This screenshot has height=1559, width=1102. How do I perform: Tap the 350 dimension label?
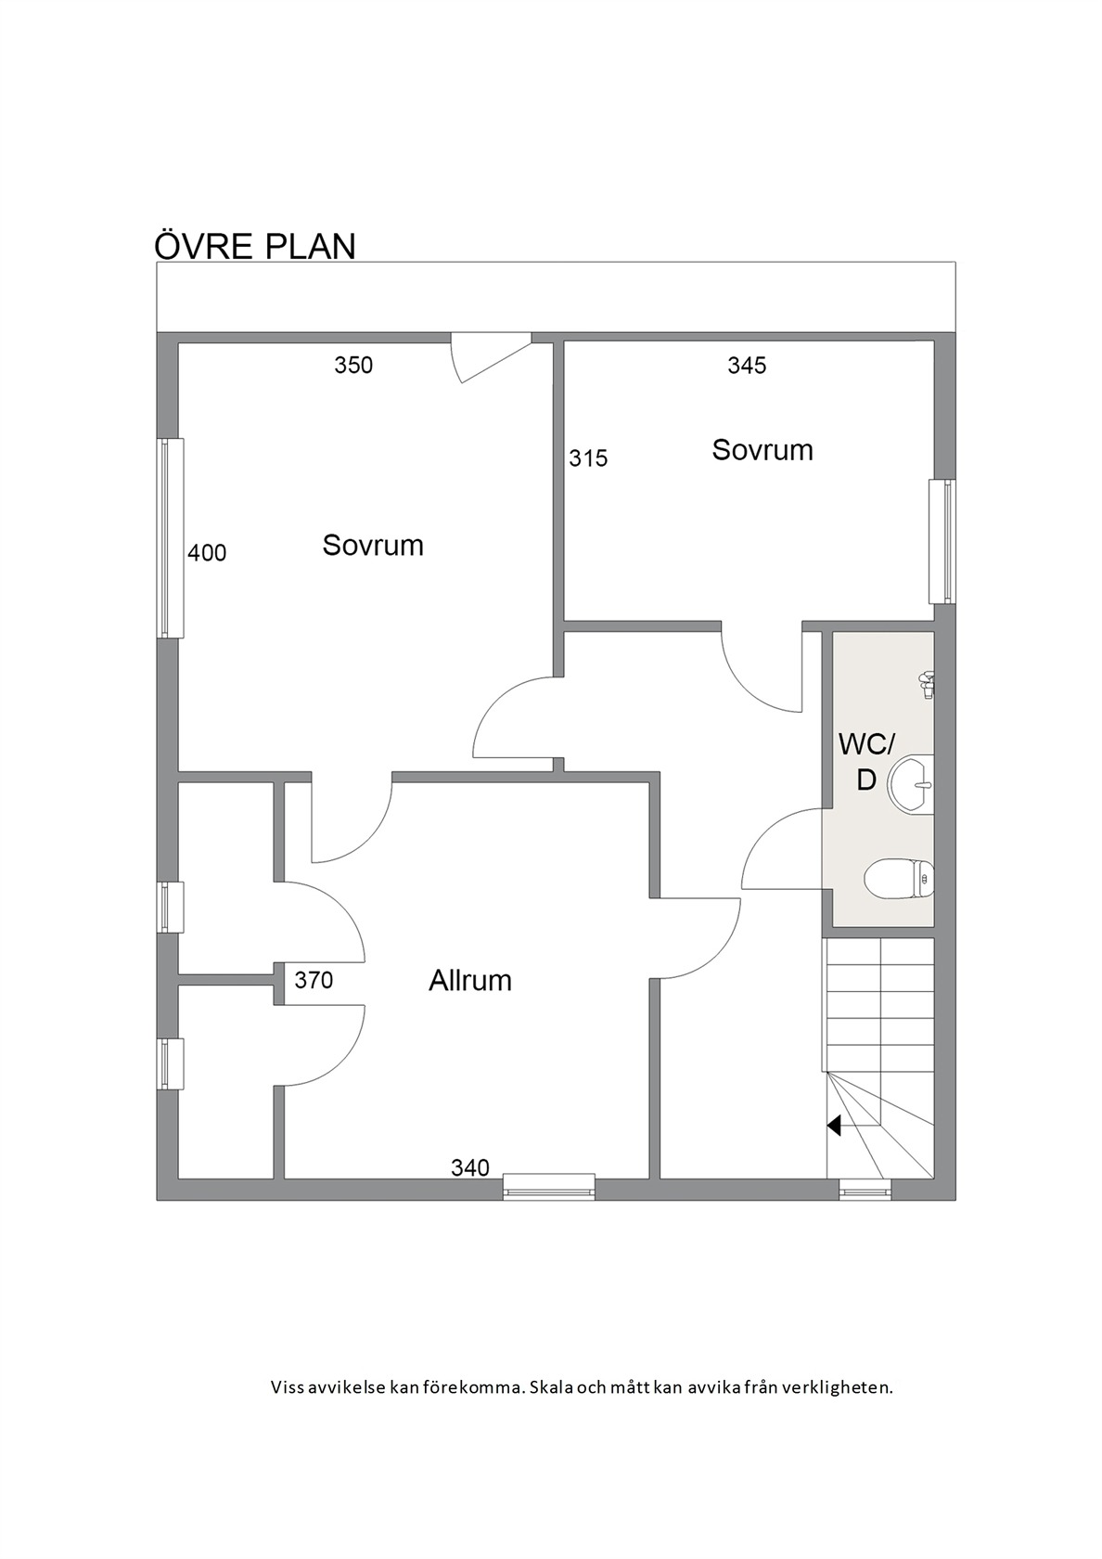click(353, 365)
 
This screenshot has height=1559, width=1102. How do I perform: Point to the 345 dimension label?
click(747, 365)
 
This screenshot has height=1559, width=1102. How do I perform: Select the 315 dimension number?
click(588, 458)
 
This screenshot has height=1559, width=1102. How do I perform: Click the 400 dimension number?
click(207, 553)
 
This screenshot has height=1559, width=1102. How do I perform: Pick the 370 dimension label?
click(314, 980)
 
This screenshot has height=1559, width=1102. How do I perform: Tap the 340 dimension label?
click(469, 1167)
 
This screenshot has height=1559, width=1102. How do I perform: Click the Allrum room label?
click(469, 980)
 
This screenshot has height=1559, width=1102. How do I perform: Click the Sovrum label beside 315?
click(762, 449)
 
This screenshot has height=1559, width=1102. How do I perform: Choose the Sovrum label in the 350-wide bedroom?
click(372, 545)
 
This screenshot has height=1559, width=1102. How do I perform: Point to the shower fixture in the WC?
click(926, 684)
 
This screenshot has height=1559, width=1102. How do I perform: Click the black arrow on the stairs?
click(834, 1125)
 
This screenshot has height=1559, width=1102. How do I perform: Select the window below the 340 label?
click(549, 1186)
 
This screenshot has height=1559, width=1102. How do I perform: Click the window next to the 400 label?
click(171, 538)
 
